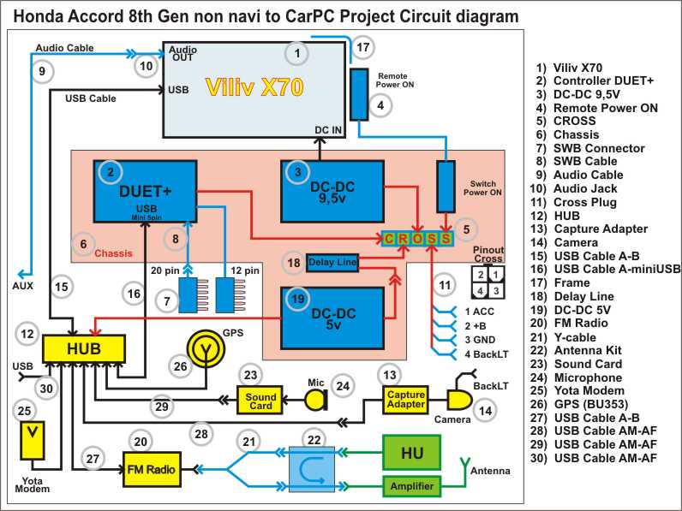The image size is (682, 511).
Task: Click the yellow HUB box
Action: tap(83, 348)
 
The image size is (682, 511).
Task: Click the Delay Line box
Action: tap(332, 262)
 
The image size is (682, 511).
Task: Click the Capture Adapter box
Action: tap(405, 398)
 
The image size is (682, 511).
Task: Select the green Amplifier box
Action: tap(411, 486)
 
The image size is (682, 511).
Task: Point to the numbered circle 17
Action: tap(363, 47)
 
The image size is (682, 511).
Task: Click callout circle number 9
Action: tap(40, 73)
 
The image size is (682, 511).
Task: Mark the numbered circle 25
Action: tap(23, 410)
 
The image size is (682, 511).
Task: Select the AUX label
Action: tap(23, 285)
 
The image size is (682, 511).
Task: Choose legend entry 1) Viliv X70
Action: tap(569, 67)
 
